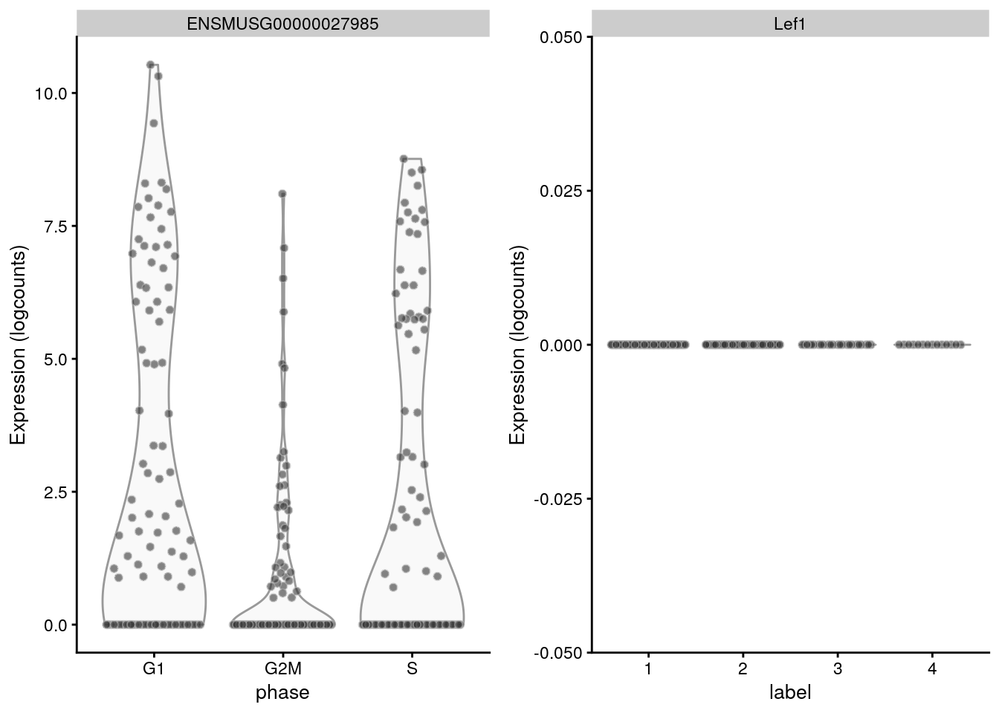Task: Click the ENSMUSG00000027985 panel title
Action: click(x=282, y=24)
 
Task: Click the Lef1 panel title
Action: click(x=789, y=24)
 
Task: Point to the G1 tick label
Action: click(x=153, y=668)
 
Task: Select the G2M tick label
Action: click(x=282, y=668)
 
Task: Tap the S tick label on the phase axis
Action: click(x=412, y=668)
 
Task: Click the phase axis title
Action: click(x=282, y=693)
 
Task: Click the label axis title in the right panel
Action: click(x=789, y=693)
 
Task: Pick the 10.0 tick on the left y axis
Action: click(x=51, y=94)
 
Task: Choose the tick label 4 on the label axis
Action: click(x=932, y=668)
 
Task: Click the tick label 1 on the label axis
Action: click(x=648, y=668)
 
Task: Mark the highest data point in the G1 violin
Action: click(x=150, y=65)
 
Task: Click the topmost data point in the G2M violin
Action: click(x=282, y=194)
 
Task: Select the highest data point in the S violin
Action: click(x=404, y=158)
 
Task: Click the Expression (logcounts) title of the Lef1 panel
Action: click(x=517, y=345)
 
